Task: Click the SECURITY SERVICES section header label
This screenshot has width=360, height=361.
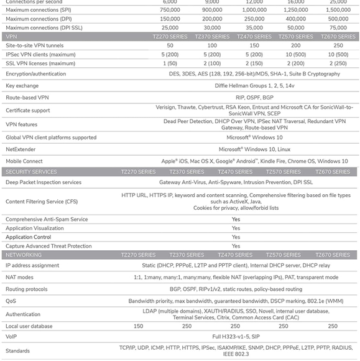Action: (x=31, y=172)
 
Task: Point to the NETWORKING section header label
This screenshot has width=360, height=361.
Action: (x=24, y=255)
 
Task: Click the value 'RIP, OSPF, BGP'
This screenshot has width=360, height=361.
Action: (x=236, y=97)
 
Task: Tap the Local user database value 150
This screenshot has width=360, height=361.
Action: (x=138, y=326)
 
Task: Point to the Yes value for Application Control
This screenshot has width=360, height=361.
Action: (x=236, y=237)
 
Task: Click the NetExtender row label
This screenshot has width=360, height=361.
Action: (x=21, y=149)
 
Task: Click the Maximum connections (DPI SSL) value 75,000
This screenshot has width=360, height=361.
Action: (x=338, y=28)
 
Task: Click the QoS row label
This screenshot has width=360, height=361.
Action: (x=11, y=301)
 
